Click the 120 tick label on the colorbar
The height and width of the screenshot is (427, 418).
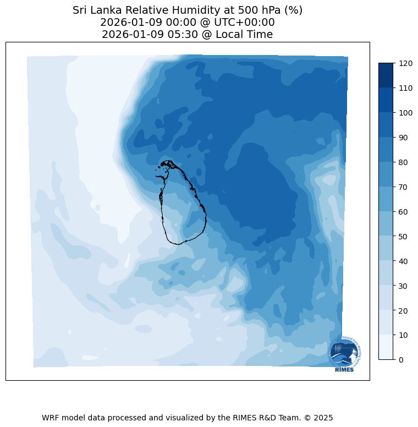(405, 63)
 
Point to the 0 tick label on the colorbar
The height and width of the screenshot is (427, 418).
(402, 360)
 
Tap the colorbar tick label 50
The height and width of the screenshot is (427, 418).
(404, 236)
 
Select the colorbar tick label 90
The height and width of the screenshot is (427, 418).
(404, 138)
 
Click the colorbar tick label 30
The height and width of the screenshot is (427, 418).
(404, 286)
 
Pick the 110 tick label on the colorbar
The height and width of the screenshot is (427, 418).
(405, 88)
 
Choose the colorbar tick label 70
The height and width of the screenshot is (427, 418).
(404, 187)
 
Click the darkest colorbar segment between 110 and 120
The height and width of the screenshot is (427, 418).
(386, 75)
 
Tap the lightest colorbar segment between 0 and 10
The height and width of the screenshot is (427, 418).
(386, 347)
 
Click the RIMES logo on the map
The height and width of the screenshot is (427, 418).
(344, 354)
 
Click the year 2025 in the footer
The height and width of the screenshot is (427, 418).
(323, 418)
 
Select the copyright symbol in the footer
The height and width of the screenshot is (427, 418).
(308, 418)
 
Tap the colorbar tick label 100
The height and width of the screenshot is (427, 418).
(405, 113)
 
